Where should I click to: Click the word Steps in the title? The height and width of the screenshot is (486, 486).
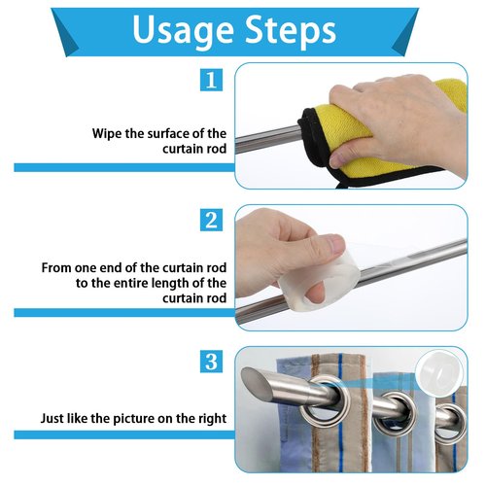coord(291,30)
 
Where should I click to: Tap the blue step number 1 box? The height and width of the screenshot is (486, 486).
coord(211,80)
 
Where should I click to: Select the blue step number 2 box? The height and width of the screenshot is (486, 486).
coord(211,220)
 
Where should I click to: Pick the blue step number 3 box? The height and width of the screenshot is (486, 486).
coord(211,361)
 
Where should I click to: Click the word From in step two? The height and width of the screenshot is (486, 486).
coord(56,268)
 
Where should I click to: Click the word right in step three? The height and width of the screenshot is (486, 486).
coord(212,419)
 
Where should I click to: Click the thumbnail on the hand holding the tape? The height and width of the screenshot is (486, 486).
coord(334,244)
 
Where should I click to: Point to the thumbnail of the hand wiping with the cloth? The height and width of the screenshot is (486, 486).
coord(336,160)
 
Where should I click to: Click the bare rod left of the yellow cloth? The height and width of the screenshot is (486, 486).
coord(267,140)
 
